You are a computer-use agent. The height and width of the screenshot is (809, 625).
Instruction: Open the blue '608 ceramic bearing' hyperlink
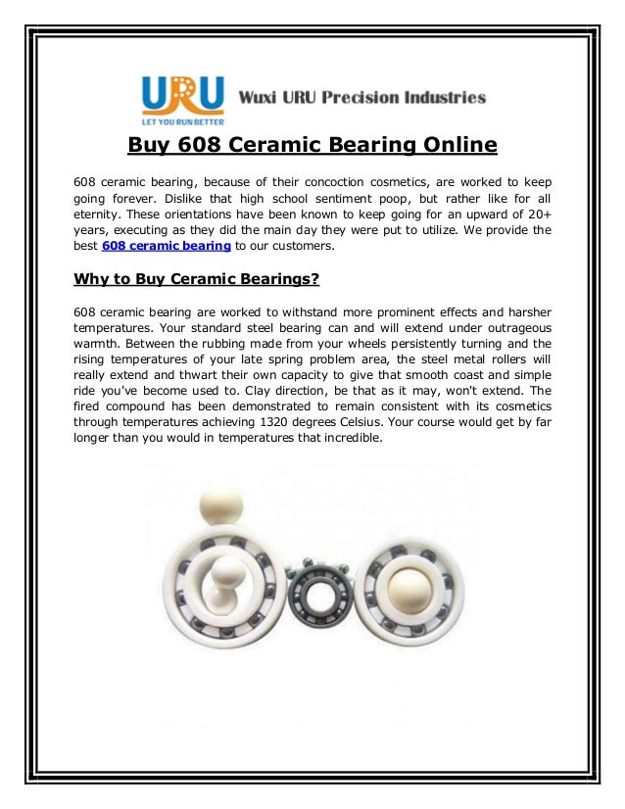click(167, 245)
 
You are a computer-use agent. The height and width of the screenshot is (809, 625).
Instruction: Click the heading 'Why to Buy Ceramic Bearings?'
click(197, 279)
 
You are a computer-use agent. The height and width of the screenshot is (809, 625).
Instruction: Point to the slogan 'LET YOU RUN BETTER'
click(182, 122)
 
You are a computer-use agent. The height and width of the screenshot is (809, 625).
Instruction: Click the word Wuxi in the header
click(262, 98)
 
